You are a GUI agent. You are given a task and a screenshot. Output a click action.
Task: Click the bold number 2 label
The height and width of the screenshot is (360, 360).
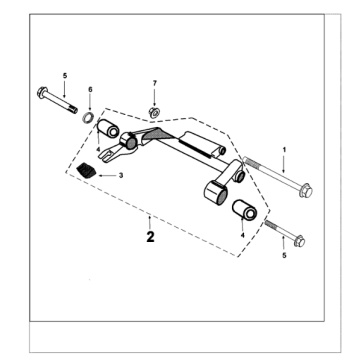tap(150, 239)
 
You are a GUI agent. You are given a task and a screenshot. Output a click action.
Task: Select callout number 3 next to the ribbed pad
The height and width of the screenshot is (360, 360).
tap(121, 175)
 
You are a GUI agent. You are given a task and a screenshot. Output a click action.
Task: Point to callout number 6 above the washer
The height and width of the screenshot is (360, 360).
tap(91, 89)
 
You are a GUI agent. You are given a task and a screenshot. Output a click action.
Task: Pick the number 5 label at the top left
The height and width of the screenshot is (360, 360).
tap(64, 75)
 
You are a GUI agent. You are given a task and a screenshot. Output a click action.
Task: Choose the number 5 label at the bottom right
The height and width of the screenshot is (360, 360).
tap(285, 256)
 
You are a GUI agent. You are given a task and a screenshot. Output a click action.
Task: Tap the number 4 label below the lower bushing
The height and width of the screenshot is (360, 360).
tap(242, 235)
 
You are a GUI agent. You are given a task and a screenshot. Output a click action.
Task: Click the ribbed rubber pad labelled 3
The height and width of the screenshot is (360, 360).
tap(89, 171)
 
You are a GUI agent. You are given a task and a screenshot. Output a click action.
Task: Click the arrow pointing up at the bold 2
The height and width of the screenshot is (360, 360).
tap(150, 221)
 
